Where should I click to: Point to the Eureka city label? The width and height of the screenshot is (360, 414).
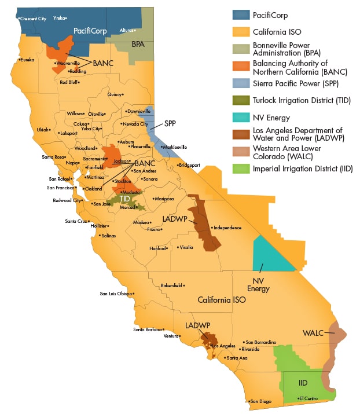27,60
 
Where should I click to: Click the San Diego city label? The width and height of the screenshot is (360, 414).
260,401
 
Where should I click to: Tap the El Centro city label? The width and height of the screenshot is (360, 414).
308,398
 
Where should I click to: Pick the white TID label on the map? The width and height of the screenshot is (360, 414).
125,199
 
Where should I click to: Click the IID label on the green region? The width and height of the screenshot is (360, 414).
303,383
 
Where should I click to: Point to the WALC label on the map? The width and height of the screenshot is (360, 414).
313,333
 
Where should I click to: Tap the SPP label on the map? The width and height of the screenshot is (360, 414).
170,124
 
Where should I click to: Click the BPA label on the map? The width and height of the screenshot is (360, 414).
138,44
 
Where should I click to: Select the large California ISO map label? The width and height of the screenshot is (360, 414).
222,300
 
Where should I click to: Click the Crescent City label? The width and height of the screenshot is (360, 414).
32,19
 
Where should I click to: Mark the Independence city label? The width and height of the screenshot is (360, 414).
227,228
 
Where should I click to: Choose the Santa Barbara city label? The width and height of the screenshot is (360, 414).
147,330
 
